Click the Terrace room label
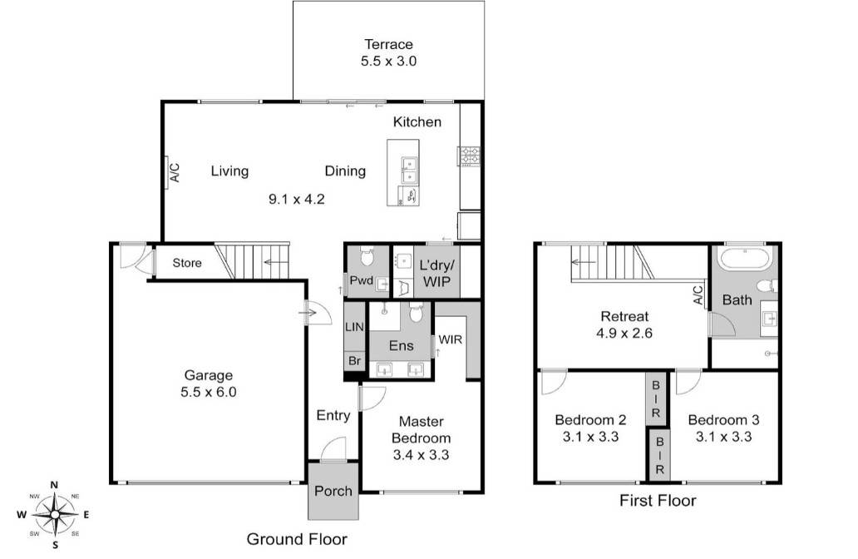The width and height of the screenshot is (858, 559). pyautogui.click(x=388, y=52)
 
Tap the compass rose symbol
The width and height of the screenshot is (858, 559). pyautogui.click(x=54, y=514)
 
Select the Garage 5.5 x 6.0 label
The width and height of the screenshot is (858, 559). pyautogui.click(x=209, y=383)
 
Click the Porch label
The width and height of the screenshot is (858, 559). pyautogui.click(x=333, y=491)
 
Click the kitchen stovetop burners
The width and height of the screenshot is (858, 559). pyautogui.click(x=469, y=156)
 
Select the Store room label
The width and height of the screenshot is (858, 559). pyautogui.click(x=187, y=264)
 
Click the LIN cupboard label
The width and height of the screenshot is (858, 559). pyautogui.click(x=353, y=328)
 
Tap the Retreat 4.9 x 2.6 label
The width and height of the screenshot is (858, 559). pyautogui.click(x=624, y=324)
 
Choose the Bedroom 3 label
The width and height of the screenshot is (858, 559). pyautogui.click(x=723, y=428)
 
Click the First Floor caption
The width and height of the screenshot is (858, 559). pyautogui.click(x=658, y=500)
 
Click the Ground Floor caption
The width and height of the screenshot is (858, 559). pyautogui.click(x=297, y=538)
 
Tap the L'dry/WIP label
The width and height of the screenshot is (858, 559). pyautogui.click(x=436, y=273)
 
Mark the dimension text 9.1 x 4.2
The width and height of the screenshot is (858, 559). pyautogui.click(x=296, y=199)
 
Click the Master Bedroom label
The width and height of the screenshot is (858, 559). pyautogui.click(x=421, y=438)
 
